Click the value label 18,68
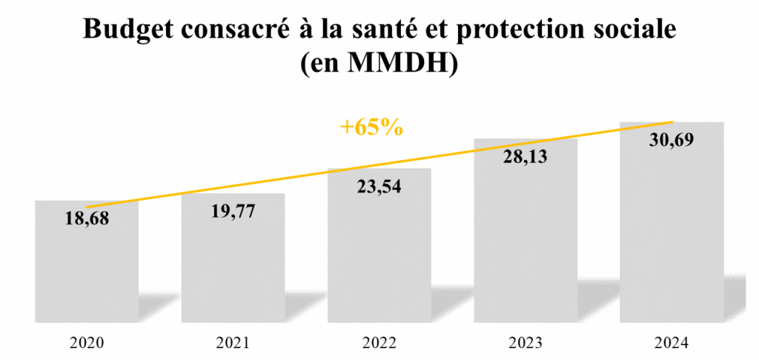[87, 219]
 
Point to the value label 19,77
[233, 212]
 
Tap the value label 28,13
[526, 157]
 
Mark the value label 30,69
[672, 140]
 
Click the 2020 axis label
[87, 343]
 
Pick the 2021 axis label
[233, 343]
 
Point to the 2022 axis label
[379, 343]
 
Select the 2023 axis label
[526, 343]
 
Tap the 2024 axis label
[672, 343]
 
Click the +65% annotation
[371, 127]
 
